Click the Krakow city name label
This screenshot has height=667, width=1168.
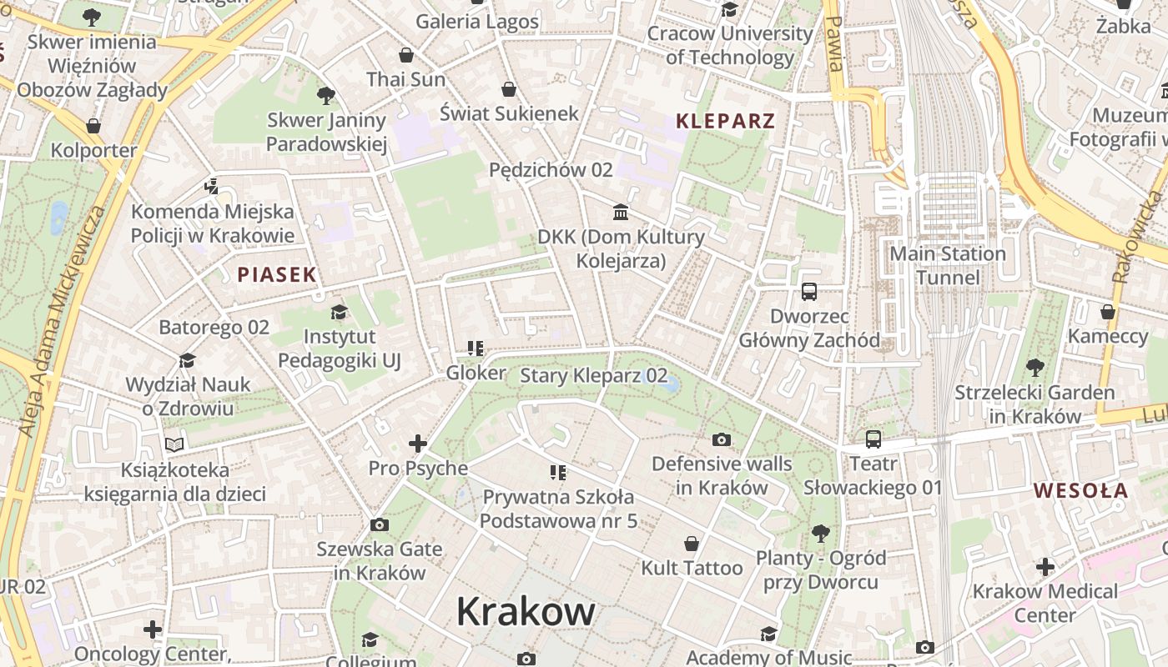[526, 612]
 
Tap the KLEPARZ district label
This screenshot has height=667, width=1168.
[725, 121]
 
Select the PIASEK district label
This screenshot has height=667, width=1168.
[277, 274]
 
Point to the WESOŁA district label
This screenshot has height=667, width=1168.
[1080, 491]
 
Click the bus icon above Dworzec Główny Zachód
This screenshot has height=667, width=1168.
[809, 292]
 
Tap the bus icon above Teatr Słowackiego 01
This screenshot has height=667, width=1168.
[873, 439]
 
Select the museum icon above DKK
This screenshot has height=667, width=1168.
[621, 213]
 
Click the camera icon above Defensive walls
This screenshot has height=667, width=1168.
[722, 439]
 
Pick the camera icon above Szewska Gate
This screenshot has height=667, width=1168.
[380, 524]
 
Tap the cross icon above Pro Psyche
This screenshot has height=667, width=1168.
[418, 444]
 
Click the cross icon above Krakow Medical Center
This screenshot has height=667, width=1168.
[1045, 568]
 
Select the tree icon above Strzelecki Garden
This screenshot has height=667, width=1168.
[1035, 367]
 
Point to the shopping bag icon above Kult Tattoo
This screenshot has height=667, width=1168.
[692, 544]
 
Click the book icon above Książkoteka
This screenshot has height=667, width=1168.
[174, 445]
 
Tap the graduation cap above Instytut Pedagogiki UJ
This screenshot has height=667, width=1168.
[339, 313]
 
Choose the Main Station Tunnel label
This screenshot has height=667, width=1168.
[948, 265]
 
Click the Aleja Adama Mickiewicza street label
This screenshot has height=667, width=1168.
[63, 321]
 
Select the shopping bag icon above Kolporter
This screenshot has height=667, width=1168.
[93, 126]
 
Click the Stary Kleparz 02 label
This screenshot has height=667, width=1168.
[593, 375]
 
